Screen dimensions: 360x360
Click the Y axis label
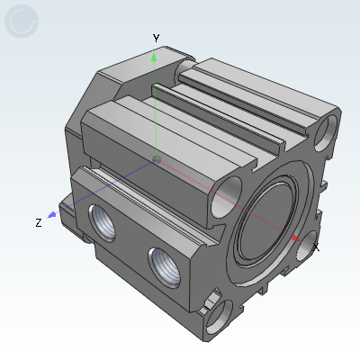[156, 39]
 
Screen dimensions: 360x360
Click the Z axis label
[38, 222]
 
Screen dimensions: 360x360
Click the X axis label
[316, 246]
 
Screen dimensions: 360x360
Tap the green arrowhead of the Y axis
[155, 58]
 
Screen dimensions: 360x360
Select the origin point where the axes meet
[157, 159]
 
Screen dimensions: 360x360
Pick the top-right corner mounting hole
[327, 132]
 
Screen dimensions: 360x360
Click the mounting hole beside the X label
[306, 244]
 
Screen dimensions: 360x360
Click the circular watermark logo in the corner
[22, 21]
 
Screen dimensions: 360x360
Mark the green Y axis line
[156, 108]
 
